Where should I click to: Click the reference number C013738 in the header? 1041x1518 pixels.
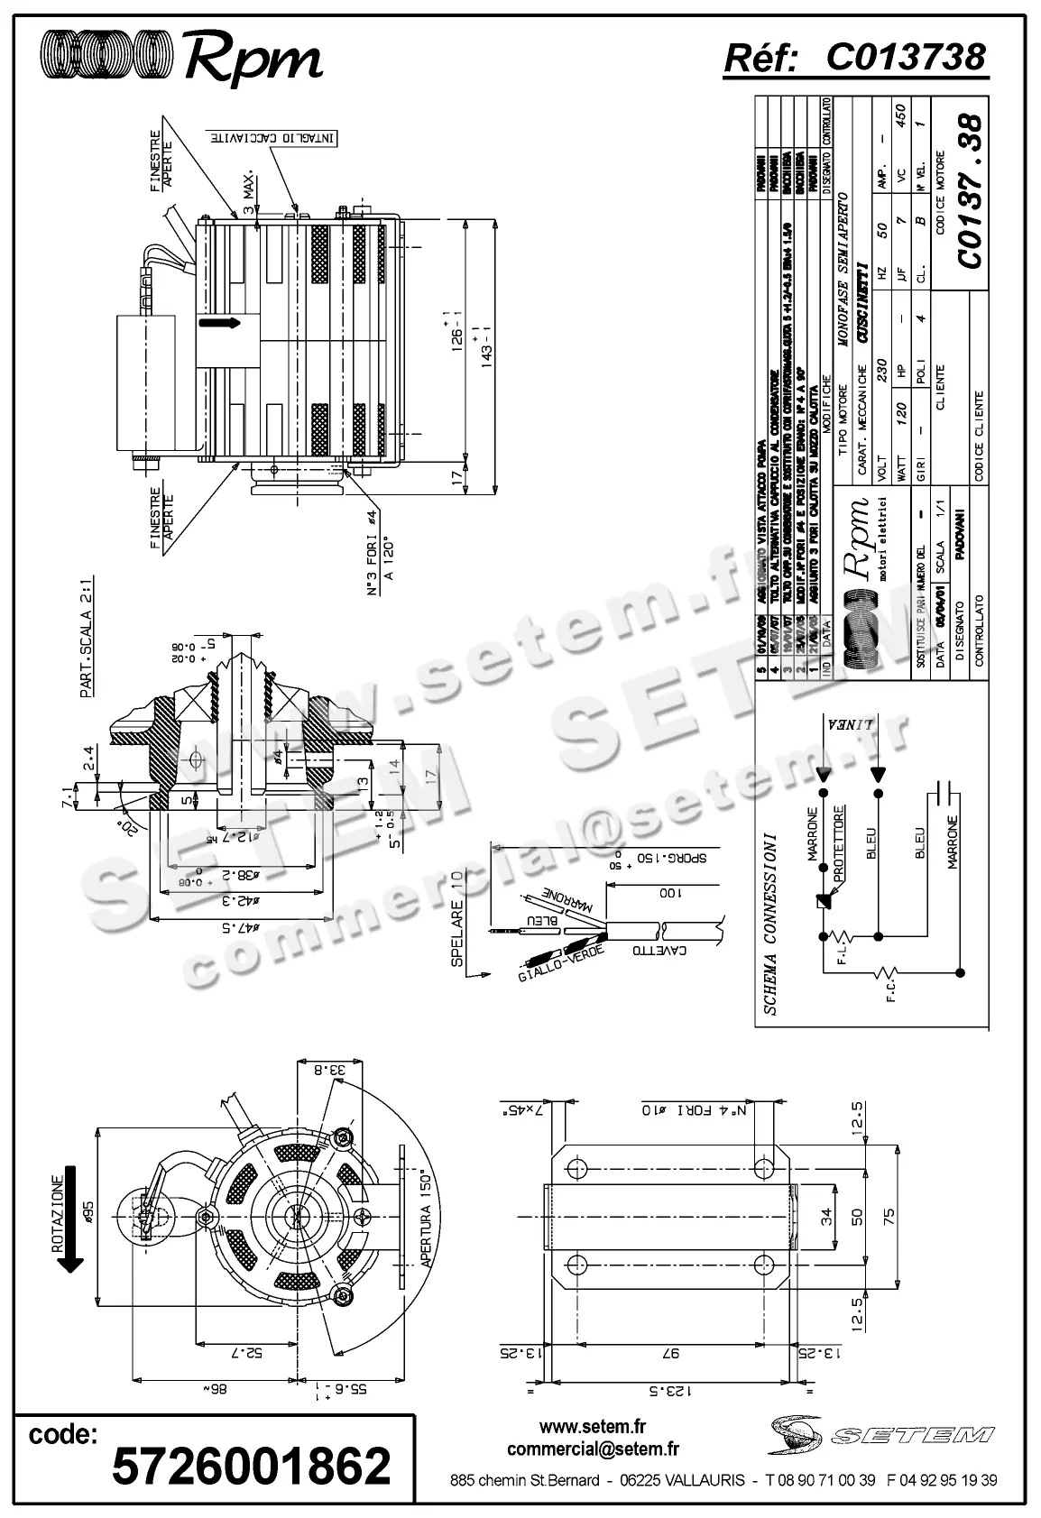906,57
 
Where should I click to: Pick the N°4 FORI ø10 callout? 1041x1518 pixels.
694,1108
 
